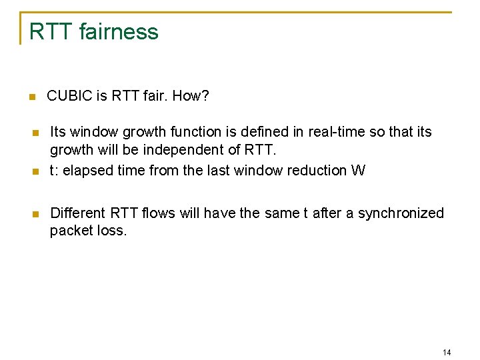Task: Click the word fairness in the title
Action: click(x=119, y=32)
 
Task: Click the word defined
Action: click(x=260, y=132)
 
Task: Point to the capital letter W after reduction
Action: click(x=358, y=170)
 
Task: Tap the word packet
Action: click(x=70, y=232)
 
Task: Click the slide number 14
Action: click(x=447, y=352)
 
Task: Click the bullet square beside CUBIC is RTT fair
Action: click(x=31, y=97)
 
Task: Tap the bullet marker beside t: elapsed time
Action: click(x=36, y=171)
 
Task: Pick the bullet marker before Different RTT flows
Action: click(x=36, y=214)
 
